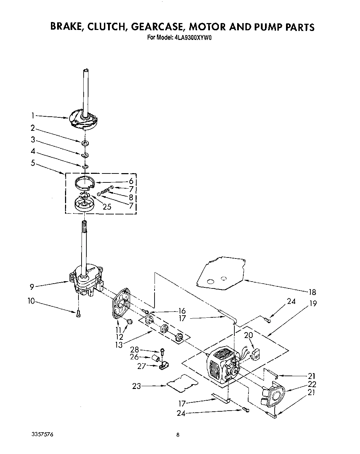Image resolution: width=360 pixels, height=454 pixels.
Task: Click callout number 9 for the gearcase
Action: [x=32, y=285]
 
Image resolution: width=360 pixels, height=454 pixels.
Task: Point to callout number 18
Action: [x=312, y=292]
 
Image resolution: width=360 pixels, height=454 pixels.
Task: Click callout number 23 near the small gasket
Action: [x=137, y=386]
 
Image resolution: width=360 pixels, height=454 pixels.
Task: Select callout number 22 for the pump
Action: [x=313, y=384]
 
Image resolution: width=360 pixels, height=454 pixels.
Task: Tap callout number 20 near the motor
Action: [x=248, y=335]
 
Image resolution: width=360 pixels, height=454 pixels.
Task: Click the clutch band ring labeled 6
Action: [x=85, y=183]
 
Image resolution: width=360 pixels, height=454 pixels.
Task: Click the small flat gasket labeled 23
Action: [x=182, y=383]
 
